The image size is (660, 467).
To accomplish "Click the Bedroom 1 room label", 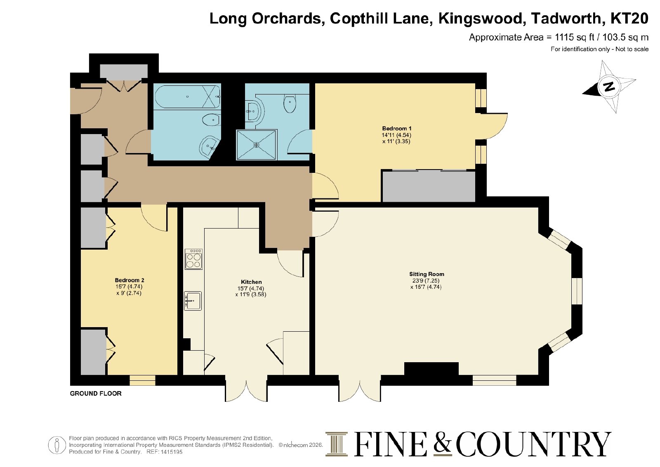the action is (396, 128).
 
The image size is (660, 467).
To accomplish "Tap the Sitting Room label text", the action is (427, 274).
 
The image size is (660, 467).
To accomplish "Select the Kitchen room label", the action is (251, 282).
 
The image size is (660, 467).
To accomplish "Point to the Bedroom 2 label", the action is (130, 280).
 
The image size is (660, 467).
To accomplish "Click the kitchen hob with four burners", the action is (193, 259).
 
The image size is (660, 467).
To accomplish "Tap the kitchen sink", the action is (193, 301).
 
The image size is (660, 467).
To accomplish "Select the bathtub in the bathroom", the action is (188, 97).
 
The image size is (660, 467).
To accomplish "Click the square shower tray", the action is (257, 145).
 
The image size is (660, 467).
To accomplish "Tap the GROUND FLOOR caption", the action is (95, 393).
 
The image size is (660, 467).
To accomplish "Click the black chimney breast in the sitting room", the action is (431, 369).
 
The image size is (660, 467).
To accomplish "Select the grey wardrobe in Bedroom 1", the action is (429, 186).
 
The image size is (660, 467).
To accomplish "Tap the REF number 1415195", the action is (172, 452).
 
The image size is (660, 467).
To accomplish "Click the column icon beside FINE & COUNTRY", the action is (337, 444).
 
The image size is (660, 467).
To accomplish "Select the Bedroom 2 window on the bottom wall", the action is (142, 380).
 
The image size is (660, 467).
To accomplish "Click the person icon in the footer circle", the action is (57, 445).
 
